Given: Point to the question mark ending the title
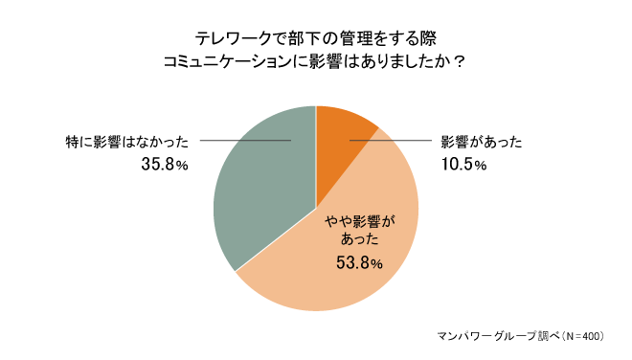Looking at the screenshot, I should (x=460, y=63).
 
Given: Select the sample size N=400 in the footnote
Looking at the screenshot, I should (x=582, y=336).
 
